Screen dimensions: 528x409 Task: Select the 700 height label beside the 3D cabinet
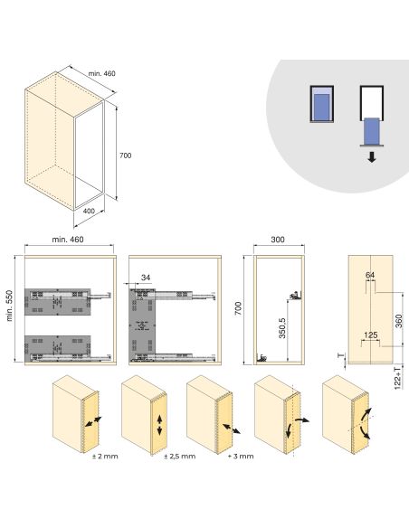click(126, 156)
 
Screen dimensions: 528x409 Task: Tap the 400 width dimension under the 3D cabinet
click(89, 211)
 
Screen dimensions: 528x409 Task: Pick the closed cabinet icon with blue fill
click(321, 107)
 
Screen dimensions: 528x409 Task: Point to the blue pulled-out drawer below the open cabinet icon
click(371, 135)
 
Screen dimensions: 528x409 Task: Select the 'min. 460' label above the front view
click(69, 240)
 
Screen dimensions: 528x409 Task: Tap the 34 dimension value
click(145, 278)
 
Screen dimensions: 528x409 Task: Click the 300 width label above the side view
click(278, 240)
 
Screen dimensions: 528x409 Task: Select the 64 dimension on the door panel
click(370, 275)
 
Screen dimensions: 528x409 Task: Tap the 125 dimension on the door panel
click(370, 335)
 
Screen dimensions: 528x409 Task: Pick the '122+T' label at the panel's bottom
click(398, 378)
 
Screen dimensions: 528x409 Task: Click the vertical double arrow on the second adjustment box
click(159, 424)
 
